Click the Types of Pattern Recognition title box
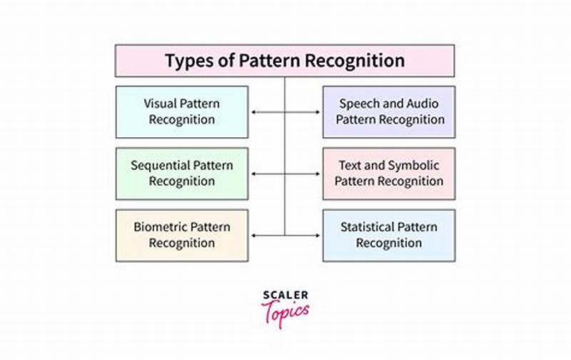285,61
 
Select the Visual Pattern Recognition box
181,111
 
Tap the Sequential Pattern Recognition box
181,174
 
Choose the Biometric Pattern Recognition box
181,235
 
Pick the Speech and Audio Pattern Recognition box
389,111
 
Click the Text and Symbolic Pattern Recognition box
389,174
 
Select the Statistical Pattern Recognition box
389,235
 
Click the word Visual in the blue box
161,104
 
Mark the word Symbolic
415,166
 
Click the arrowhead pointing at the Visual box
252,112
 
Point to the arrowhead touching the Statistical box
319,235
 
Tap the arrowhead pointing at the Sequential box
252,174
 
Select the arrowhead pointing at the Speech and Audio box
319,112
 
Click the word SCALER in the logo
285,294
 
